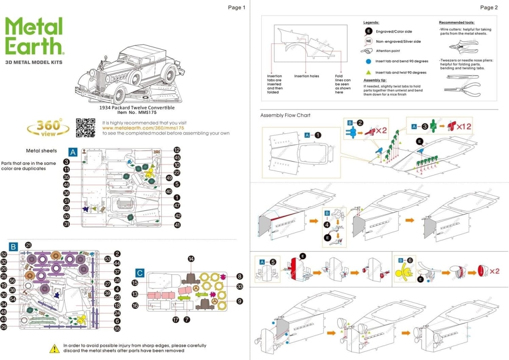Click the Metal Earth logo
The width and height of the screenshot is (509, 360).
[34, 37]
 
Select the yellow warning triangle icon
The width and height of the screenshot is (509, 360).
[55, 349]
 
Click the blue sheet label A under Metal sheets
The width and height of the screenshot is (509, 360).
[73, 151]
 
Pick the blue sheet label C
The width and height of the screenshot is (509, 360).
[140, 273]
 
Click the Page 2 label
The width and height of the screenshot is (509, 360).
[489, 7]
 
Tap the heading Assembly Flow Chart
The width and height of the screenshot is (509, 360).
[285, 115]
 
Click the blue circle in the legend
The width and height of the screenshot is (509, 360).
[368, 61]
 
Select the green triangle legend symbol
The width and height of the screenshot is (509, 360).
[368, 73]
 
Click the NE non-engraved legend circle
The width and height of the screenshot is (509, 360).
[368, 41]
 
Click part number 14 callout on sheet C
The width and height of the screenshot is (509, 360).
[191, 259]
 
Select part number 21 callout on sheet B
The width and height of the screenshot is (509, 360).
[28, 245]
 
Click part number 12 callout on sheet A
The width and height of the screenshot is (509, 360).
[177, 150]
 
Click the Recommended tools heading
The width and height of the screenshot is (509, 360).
[456, 22]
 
